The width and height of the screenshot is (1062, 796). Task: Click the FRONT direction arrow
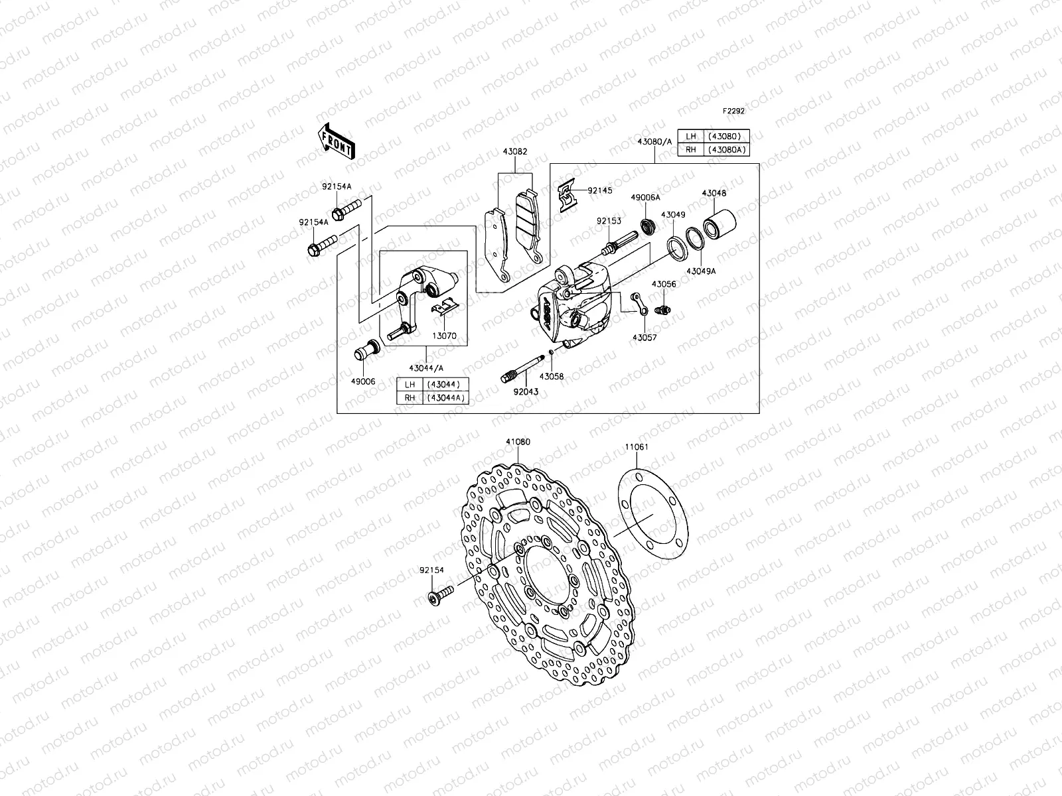[x=337, y=141]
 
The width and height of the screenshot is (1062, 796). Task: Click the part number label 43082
[x=516, y=151]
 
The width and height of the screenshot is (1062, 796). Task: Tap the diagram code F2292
[x=733, y=111]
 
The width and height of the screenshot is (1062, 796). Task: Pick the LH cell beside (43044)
[x=410, y=385]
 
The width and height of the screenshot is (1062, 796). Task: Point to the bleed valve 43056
[x=663, y=309]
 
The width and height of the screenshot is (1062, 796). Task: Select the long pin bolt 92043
[x=522, y=369]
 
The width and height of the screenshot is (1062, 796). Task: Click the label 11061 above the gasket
[x=636, y=447]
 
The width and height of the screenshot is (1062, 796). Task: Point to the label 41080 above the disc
[x=518, y=441]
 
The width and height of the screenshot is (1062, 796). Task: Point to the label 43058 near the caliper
[x=552, y=376]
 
